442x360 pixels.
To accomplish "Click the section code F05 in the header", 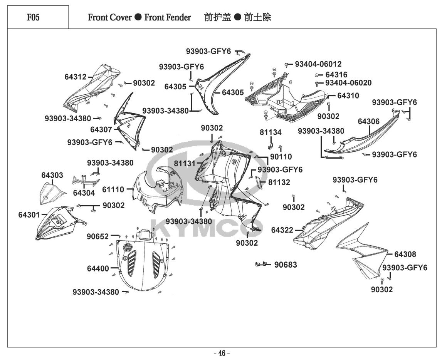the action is tap(33, 17).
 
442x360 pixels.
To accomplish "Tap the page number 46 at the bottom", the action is tap(222, 353).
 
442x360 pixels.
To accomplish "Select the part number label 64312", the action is tap(76, 77).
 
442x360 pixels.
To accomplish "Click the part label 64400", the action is tap(98, 268).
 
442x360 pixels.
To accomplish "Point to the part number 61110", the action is tap(113, 189).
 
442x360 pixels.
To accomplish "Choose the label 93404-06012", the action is tap(318, 64).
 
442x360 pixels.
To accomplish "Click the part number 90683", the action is tap(286, 265).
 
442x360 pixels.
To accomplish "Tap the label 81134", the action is tap(271, 132).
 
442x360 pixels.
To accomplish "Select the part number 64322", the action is tap(282, 230).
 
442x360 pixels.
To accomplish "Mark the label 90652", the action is tap(97, 237).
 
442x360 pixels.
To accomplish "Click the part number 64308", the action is tap(405, 255).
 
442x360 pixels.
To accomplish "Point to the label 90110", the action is tap(281, 157).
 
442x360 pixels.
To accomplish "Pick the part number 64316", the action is tap(336, 75).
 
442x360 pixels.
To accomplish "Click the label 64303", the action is tap(52, 175).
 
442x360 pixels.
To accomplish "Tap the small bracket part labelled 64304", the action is tap(86, 181).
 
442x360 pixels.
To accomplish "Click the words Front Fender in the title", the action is tap(168, 17).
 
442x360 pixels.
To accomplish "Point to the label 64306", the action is tap(369, 121).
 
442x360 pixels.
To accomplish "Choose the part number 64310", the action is tap(348, 96).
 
